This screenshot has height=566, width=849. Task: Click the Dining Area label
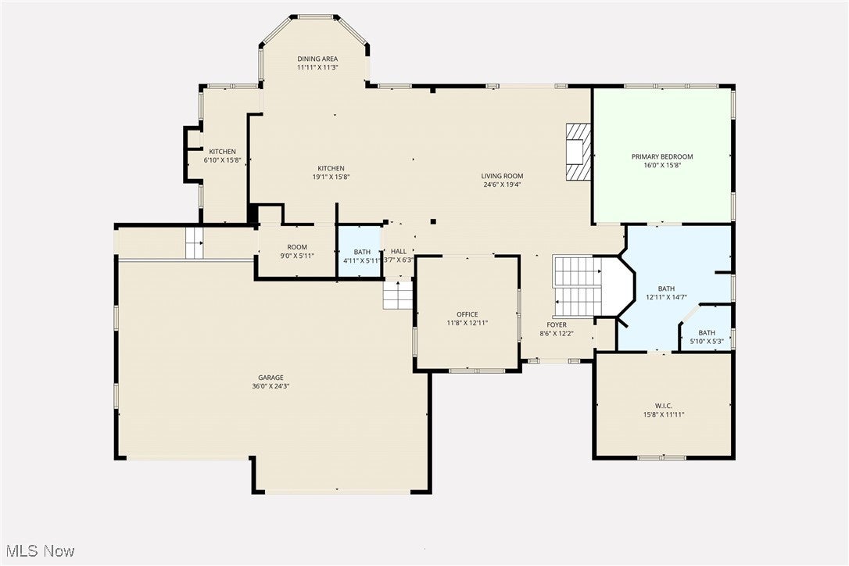point(317,59)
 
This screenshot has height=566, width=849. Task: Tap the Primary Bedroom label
point(662,156)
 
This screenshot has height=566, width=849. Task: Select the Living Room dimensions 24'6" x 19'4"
point(502,185)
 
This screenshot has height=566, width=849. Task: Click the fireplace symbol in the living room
point(579,151)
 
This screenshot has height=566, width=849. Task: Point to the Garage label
point(271,377)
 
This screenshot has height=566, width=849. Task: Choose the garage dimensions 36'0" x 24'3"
point(271,386)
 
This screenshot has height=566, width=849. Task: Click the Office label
point(467,314)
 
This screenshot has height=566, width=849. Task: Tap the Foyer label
point(557,324)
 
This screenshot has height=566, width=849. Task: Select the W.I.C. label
point(665,405)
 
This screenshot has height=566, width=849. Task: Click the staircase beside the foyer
point(577,286)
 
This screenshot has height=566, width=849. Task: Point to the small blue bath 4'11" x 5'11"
point(360,252)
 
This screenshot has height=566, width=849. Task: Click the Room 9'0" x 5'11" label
point(296,247)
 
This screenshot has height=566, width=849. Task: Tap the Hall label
point(398,252)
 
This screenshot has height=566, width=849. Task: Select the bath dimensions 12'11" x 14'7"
point(666,297)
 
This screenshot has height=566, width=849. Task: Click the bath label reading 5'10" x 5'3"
point(706,333)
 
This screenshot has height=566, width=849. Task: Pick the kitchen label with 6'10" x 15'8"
point(222,152)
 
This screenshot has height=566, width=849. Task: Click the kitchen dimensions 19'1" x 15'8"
point(331,177)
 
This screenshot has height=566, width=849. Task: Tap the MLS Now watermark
point(38,551)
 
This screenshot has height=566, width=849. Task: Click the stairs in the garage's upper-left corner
point(194,243)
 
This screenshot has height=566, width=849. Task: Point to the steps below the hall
point(398,295)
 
